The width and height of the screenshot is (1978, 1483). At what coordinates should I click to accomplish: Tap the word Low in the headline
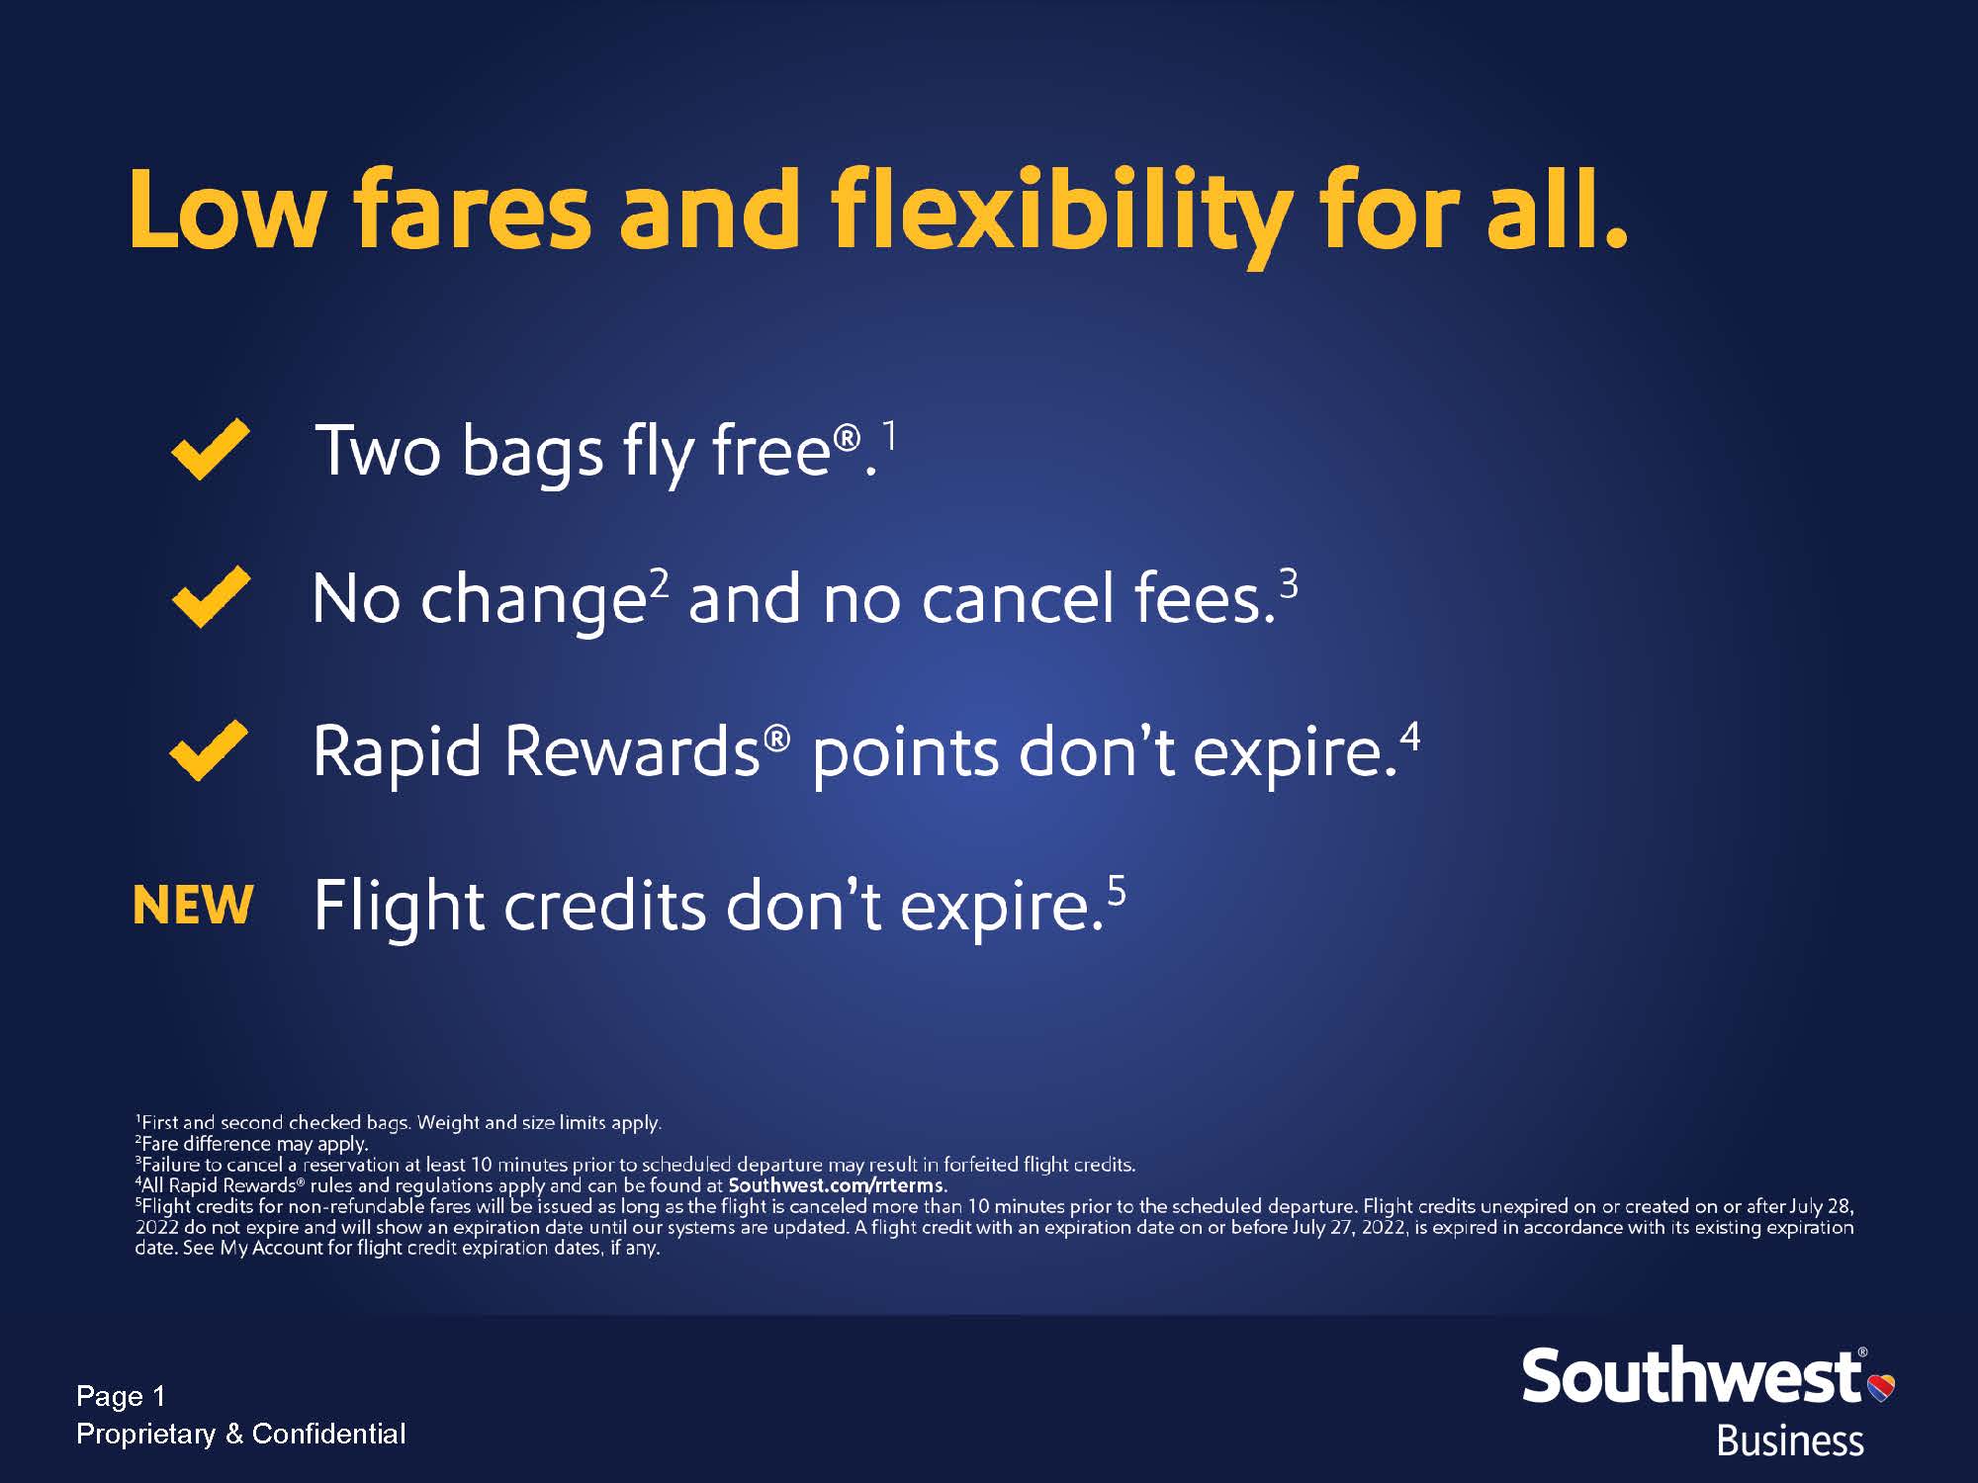[227, 209]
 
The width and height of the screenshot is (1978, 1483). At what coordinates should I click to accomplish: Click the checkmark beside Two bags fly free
[210, 449]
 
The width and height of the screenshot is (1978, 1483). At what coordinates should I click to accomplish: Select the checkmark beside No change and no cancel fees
[210, 597]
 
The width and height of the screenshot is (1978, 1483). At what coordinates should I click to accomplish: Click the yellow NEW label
[193, 905]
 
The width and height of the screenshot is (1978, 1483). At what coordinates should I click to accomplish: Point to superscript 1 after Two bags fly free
[890, 436]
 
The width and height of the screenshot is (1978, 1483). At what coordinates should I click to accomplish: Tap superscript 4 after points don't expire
[1410, 737]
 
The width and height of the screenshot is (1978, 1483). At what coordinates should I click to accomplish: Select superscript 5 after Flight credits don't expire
[1117, 891]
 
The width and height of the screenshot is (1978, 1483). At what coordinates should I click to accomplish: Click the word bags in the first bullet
[532, 454]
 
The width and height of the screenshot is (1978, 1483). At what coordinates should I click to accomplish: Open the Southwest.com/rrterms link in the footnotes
[837, 1184]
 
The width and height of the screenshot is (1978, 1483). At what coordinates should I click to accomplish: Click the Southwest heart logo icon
[1881, 1387]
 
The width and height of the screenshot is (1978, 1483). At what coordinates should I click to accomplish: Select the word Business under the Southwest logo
[1790, 1440]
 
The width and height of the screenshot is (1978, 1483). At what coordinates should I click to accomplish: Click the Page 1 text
[121, 1396]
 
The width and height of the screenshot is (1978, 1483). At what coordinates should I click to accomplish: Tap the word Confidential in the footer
[328, 1434]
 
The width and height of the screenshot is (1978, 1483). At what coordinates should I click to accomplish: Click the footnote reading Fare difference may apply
[252, 1143]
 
